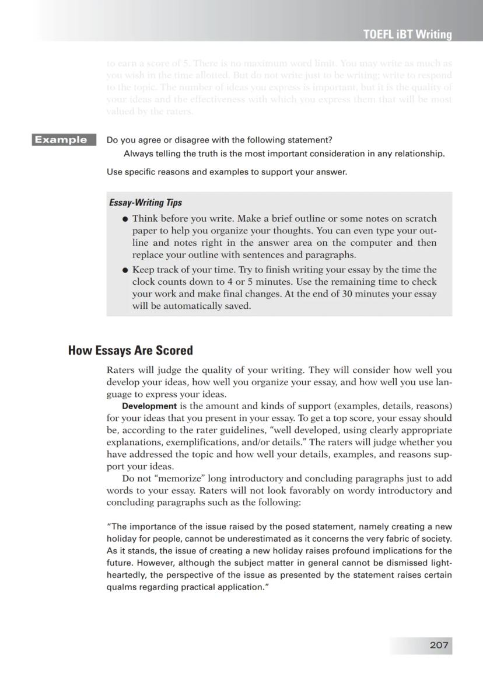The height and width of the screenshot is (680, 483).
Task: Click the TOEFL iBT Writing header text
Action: pos(407,34)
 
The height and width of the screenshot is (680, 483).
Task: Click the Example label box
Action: pos(61,140)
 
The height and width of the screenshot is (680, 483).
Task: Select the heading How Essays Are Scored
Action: pos(130,350)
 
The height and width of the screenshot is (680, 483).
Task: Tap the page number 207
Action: pos(439,645)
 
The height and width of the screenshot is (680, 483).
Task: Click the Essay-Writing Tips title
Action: pos(145,203)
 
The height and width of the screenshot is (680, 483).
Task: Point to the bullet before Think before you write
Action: pos(125,219)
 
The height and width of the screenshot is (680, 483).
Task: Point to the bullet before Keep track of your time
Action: pos(125,270)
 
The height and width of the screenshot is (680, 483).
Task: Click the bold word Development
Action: pos(149,406)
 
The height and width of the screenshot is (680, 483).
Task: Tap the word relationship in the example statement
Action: pos(415,154)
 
